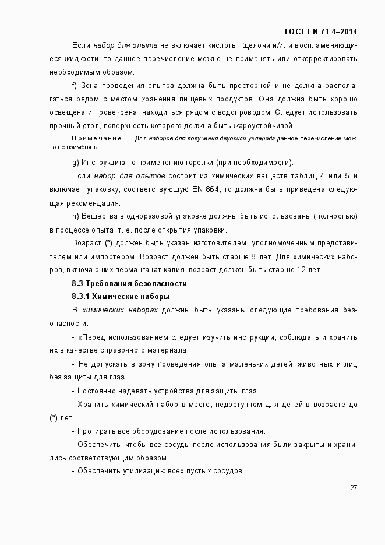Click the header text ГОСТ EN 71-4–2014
(321, 31)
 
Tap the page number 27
(354, 488)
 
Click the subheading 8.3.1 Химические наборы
(121, 297)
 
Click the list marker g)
(75, 161)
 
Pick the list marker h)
(75, 216)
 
